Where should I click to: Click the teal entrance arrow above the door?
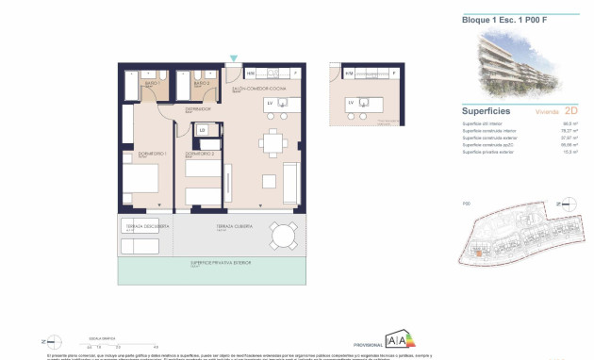[x=234, y=58]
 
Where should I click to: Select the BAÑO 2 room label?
[x=200, y=84]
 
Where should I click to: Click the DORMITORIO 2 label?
[x=199, y=153]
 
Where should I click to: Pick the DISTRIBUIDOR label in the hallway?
[x=197, y=108]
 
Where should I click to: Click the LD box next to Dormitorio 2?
[x=202, y=129]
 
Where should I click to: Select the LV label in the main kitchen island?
[x=269, y=103]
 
